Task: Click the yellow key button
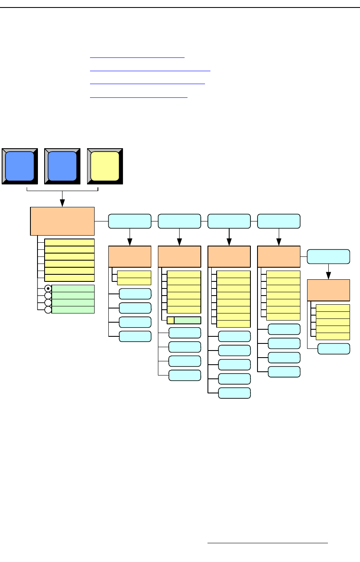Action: pyautogui.click(x=105, y=166)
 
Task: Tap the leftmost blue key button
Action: pyautogui.click(x=20, y=166)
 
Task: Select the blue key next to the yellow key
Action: pyautogui.click(x=62, y=166)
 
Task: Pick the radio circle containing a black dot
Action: pyautogui.click(x=48, y=288)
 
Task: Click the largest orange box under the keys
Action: pyautogui.click(x=62, y=221)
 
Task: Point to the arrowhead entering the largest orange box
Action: pyautogui.click(x=62, y=203)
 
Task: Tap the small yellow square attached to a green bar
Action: pyautogui.click(x=170, y=320)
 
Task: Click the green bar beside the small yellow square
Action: pyautogui.click(x=187, y=320)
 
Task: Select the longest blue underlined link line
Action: pyautogui.click(x=150, y=71)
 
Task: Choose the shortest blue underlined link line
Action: pyautogui.click(x=137, y=58)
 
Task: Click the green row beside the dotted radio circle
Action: pyautogui.click(x=73, y=288)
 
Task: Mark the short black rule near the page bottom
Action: pyautogui.click(x=267, y=543)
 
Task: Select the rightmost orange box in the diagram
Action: pyautogui.click(x=328, y=290)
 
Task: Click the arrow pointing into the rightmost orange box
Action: pyautogui.click(x=328, y=275)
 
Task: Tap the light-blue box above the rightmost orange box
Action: pyautogui.click(x=328, y=256)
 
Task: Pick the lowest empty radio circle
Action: pyautogui.click(x=48, y=310)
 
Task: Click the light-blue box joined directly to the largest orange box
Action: pyautogui.click(x=130, y=221)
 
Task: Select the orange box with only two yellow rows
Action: pyautogui.click(x=130, y=256)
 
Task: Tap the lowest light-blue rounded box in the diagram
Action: pyautogui.click(x=235, y=393)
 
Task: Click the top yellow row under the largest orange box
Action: pyautogui.click(x=69, y=242)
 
